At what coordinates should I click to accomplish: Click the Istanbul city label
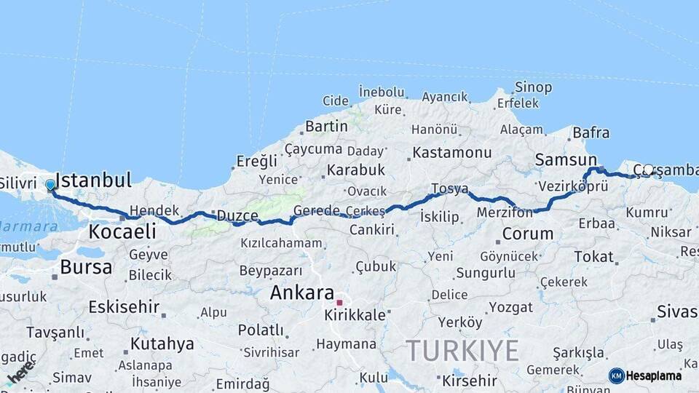[93, 180]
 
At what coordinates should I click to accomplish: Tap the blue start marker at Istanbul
[50, 185]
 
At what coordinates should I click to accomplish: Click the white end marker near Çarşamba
[648, 170]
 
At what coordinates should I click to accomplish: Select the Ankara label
[302, 293]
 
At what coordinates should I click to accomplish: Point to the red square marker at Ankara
[339, 302]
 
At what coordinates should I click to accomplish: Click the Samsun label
[566, 159]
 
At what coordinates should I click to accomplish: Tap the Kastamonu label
[452, 153]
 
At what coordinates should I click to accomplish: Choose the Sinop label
[533, 87]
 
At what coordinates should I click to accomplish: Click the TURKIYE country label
[462, 351]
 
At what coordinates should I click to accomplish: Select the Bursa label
[86, 267]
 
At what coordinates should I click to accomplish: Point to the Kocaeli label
[122, 232]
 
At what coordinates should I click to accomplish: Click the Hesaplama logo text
[654, 376]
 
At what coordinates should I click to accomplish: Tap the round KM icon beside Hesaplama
[617, 376]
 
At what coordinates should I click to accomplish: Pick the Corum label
[528, 234]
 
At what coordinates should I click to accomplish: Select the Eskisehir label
[124, 307]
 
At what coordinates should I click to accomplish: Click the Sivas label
[677, 311]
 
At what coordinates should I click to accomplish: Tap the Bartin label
[326, 127]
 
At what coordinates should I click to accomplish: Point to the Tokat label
[593, 256]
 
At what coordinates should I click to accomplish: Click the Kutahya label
[162, 344]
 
